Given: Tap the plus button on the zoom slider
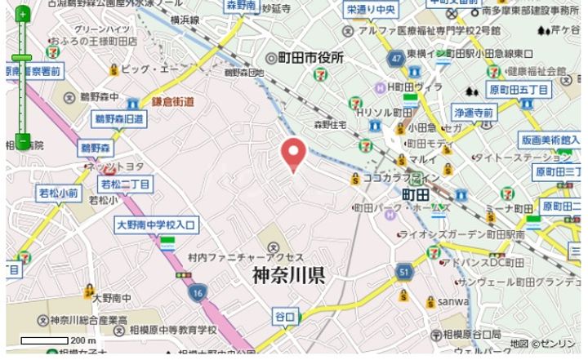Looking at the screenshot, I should tap(23, 14).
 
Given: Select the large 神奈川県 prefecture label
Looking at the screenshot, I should tap(288, 275).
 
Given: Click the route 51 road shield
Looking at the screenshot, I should tap(404, 270).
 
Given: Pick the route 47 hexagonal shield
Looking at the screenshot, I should tap(395, 59).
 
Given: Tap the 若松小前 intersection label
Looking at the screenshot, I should tap(58, 193).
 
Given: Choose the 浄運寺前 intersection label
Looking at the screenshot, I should tap(473, 112).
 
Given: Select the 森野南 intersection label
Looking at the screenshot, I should tap(243, 6).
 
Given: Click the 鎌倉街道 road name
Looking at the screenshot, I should tap(171, 102).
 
